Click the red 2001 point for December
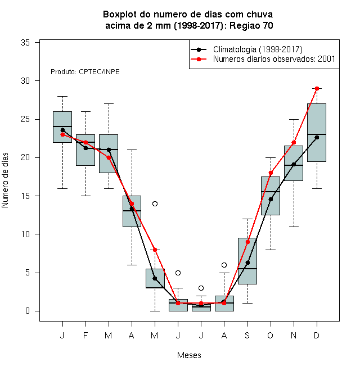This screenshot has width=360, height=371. coord(317,88)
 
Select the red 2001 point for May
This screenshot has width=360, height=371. coord(155,250)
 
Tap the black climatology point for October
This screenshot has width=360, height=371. coord(271,199)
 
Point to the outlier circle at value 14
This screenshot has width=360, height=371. coord(155,203)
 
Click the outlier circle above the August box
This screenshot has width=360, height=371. coord(224,265)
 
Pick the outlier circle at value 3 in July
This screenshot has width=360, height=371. coord(201,288)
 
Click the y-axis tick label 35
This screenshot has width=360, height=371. coord(25,43)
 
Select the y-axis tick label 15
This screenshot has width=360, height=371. coord(25,196)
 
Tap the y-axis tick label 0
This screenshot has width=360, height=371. coord(28,311)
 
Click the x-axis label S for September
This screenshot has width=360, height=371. coord(247,335)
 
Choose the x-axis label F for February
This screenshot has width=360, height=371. coord(85,335)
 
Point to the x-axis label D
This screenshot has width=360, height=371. coord(317,335)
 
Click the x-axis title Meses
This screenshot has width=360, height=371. coord(189,355)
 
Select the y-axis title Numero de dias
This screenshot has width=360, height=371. coord(5,180)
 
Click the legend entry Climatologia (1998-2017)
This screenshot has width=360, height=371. coord(258,49)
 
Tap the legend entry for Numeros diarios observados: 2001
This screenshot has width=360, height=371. coord(274,59)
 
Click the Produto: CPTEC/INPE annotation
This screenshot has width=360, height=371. coord(85,72)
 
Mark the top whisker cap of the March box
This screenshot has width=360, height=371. coord(109,103)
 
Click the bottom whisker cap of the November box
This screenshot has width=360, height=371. coord(294,227)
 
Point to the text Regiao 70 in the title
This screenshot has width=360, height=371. coord(251,25)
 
